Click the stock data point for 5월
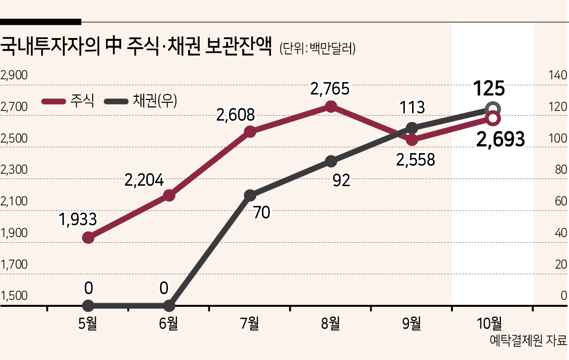[x=88, y=238]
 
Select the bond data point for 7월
[x=250, y=195]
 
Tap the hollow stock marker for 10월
[x=493, y=118]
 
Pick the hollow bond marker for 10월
[x=493, y=109]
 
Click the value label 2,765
[x=330, y=89]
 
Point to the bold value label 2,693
[x=501, y=139]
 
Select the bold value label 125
[x=489, y=89]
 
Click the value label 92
[x=341, y=180]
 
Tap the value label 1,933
[x=78, y=219]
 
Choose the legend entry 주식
[x=68, y=101]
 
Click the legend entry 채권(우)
[x=140, y=101]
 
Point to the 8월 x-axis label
[x=330, y=323]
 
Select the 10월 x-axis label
[x=489, y=323]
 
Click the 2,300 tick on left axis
[x=14, y=170]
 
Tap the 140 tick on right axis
[x=558, y=75]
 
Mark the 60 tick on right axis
[x=561, y=201]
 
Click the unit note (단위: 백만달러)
[x=318, y=49]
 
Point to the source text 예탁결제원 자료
[x=528, y=341]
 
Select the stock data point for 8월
[x=331, y=106]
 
